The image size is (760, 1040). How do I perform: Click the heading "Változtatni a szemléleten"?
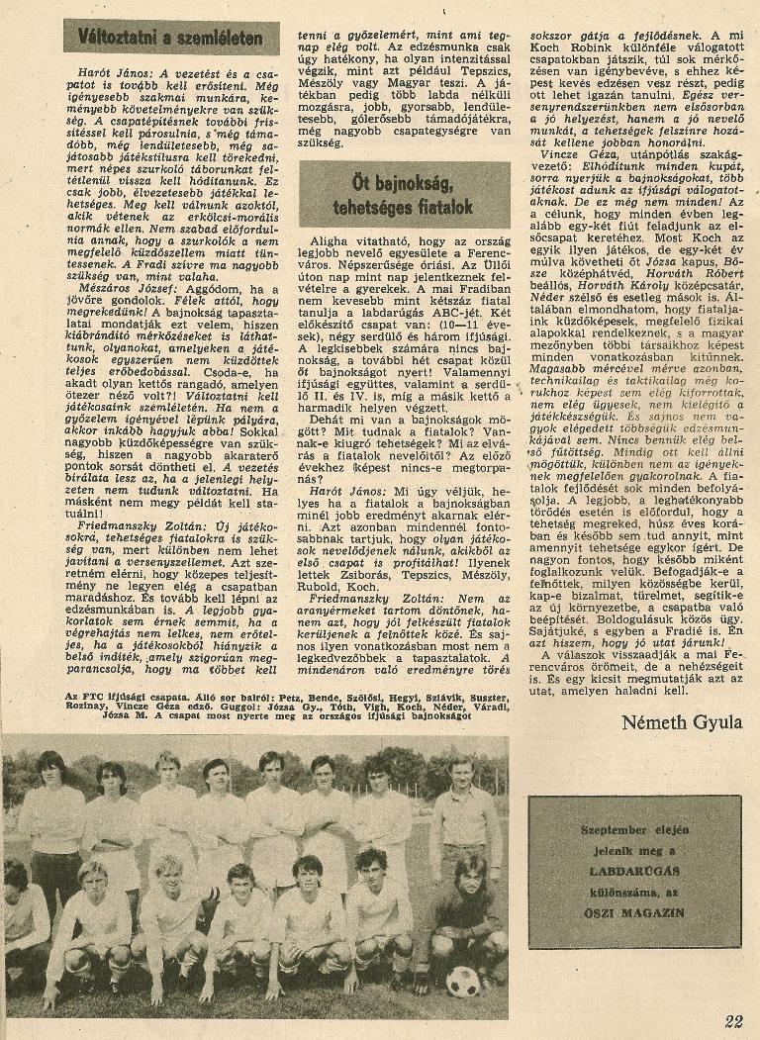tap(171, 37)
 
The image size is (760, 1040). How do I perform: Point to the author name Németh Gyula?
tap(682, 721)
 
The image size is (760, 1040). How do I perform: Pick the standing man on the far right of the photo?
tap(462, 811)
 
